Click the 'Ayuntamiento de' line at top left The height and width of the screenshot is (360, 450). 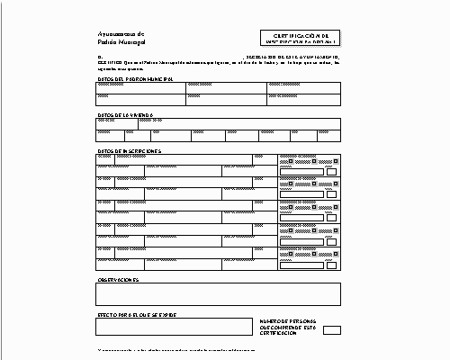(120, 33)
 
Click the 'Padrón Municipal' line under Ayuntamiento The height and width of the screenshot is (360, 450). (121, 42)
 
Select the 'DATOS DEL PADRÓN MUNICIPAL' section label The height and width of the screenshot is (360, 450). (134, 78)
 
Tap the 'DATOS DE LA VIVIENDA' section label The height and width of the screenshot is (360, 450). (126, 115)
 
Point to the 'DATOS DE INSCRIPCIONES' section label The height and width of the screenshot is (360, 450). (129, 150)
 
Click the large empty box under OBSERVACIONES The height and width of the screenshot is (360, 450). (219, 294)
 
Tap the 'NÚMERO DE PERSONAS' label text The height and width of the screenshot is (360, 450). (286, 320)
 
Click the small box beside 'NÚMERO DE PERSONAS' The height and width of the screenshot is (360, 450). (332, 329)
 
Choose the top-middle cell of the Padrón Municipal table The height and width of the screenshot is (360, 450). (226, 87)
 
